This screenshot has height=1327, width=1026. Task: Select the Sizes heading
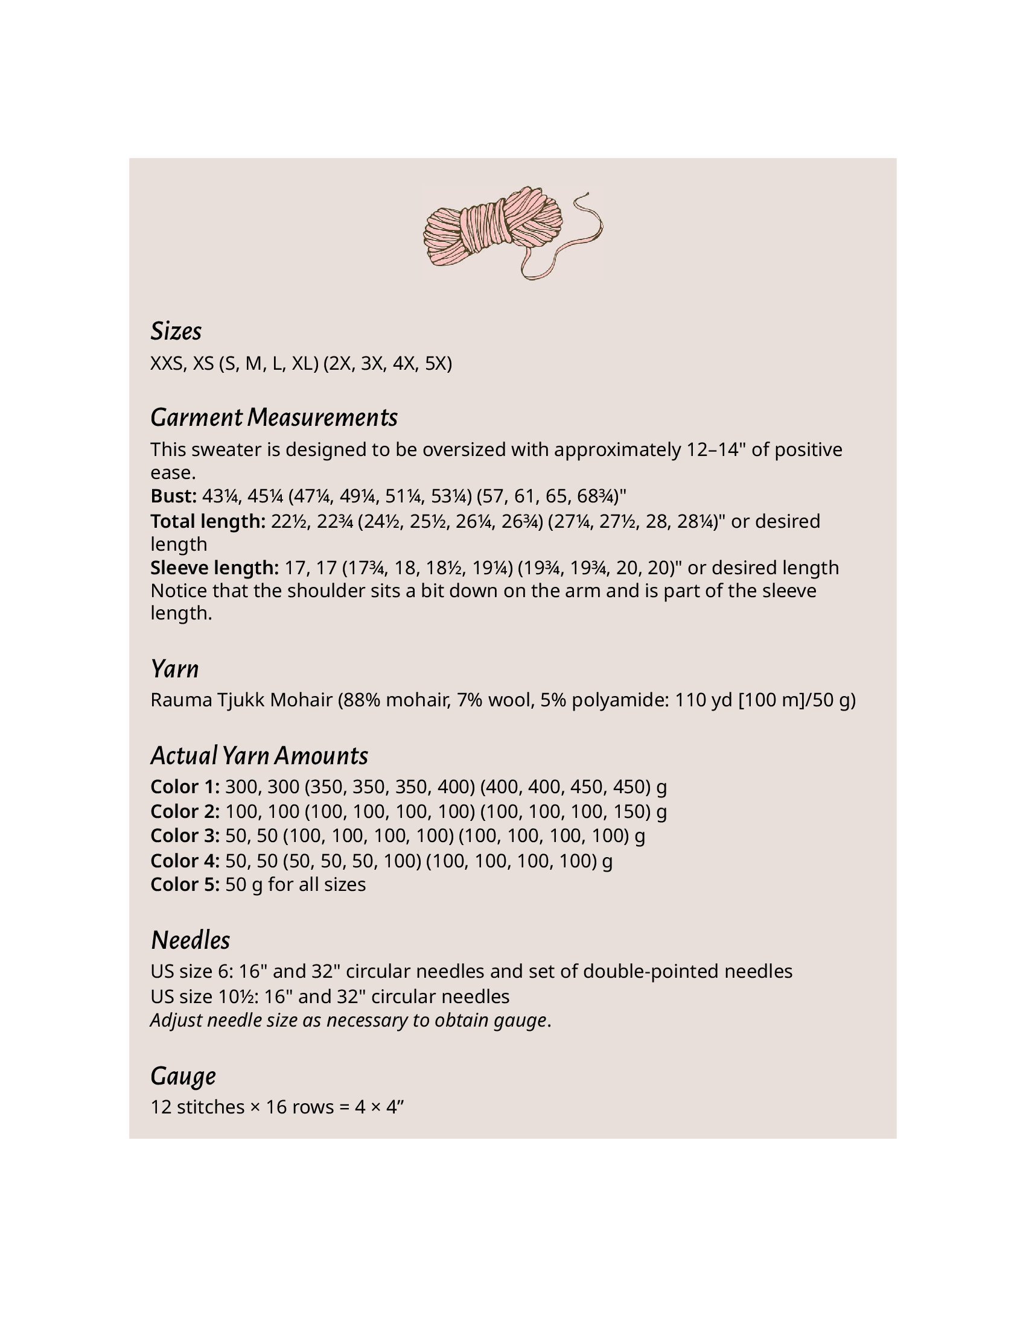pyautogui.click(x=176, y=331)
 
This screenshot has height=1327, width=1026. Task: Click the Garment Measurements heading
pyautogui.click(x=273, y=417)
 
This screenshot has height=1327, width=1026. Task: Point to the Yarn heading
pyautogui.click(x=174, y=669)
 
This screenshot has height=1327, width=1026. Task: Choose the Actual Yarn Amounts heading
pyautogui.click(x=259, y=756)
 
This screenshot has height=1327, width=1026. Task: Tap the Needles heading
pyautogui.click(x=190, y=940)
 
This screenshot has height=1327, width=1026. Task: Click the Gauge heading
pyautogui.click(x=183, y=1076)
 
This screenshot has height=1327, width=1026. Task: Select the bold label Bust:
pyautogui.click(x=173, y=496)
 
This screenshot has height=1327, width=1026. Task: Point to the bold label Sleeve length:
pyautogui.click(x=215, y=568)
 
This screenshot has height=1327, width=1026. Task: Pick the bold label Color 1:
pyautogui.click(x=185, y=787)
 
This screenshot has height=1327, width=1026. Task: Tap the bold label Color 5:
pyautogui.click(x=185, y=884)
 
